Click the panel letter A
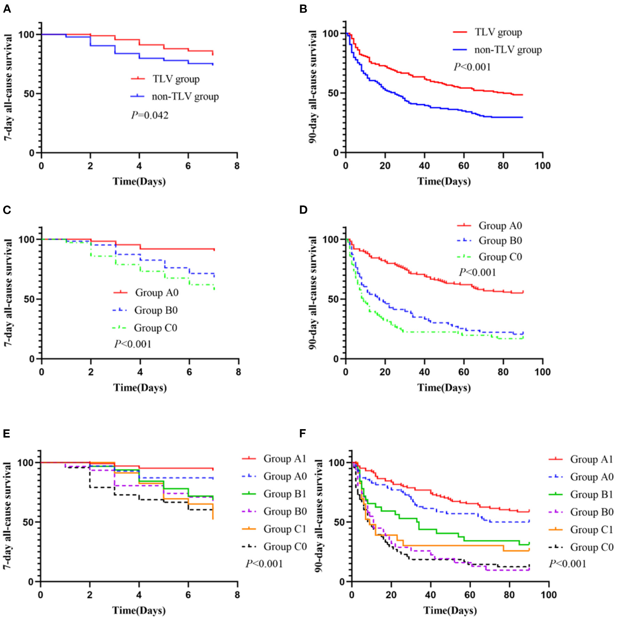click(7, 9)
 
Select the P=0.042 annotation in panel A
click(150, 115)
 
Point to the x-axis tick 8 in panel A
click(237, 166)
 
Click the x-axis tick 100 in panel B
click(542, 166)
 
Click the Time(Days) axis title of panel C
click(140, 388)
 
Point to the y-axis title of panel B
click(313, 87)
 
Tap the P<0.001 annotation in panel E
click(264, 564)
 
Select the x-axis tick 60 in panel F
click(470, 595)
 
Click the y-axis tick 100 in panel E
click(25, 463)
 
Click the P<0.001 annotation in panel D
click(477, 272)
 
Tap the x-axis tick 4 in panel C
click(140, 372)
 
